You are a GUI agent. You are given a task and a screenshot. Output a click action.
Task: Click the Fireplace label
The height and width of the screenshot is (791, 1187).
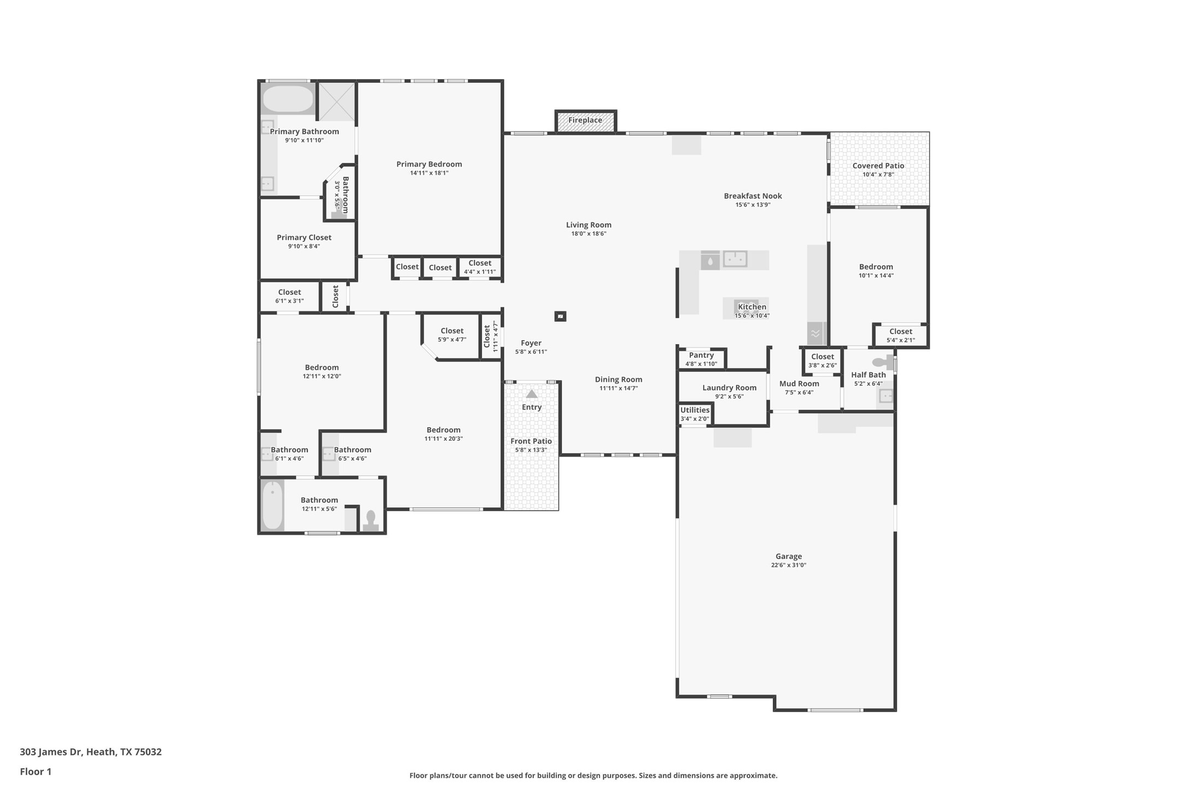point(585,120)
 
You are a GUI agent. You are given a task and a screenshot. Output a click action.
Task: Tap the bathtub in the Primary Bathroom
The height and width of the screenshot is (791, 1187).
point(288,99)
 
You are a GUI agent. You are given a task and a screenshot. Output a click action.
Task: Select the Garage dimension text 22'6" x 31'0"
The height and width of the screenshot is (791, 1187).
point(789,565)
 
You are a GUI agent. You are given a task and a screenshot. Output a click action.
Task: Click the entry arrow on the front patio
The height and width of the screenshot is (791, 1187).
point(532,394)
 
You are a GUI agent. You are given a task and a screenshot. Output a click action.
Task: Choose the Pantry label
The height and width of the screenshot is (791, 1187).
point(701,355)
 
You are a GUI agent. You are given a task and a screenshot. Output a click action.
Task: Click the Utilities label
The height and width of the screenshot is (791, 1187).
point(695,410)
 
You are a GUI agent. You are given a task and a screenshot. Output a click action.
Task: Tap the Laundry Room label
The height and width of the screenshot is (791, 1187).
point(730,388)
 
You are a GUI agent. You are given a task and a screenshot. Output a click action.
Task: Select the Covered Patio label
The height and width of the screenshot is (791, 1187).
point(878,166)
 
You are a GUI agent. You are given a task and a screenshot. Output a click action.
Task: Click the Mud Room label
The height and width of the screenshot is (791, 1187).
point(799,383)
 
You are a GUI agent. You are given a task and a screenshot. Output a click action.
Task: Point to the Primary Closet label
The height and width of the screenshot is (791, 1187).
point(304,238)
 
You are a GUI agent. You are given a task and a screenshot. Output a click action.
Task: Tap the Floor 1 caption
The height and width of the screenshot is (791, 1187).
point(36,772)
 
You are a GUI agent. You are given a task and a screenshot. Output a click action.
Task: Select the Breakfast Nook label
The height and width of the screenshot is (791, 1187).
point(753,196)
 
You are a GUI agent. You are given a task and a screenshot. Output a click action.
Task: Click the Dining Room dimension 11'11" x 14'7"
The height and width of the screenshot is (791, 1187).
point(619,388)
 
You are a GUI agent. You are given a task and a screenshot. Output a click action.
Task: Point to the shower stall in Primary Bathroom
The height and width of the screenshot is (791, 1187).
point(337,102)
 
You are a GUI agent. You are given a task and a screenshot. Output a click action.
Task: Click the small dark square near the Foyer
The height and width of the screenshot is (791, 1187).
point(560,316)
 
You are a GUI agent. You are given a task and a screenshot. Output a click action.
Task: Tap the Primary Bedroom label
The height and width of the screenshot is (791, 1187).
point(429,164)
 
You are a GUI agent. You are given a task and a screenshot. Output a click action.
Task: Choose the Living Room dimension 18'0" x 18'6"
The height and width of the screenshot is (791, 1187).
point(589,234)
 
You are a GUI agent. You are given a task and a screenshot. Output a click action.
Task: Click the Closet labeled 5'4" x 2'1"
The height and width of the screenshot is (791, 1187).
point(901,332)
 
